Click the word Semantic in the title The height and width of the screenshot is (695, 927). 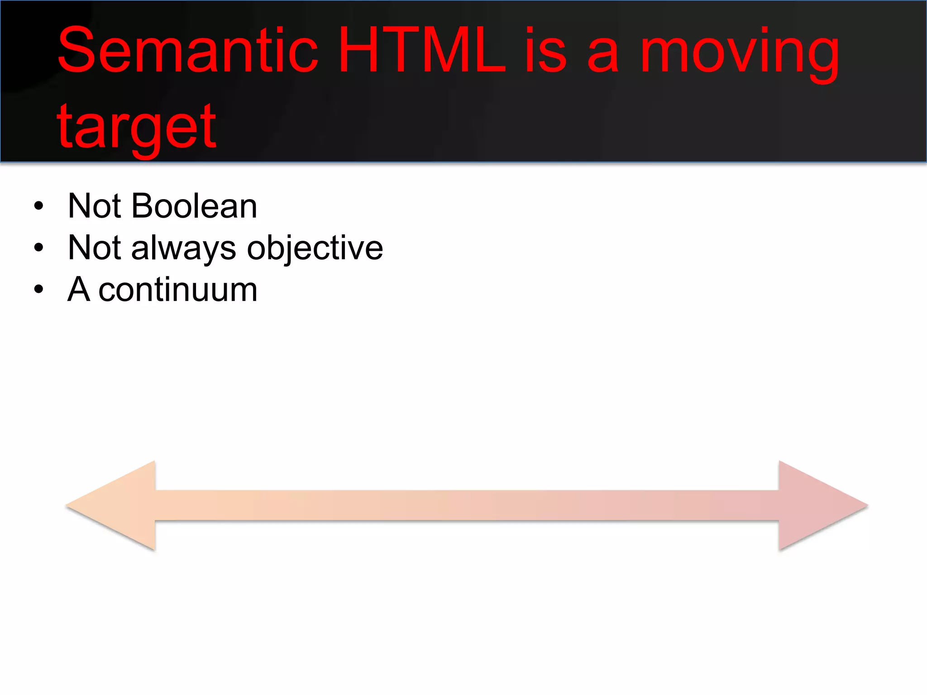point(188,51)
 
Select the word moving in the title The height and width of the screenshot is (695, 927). point(740,54)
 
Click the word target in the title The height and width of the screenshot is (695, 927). point(136,128)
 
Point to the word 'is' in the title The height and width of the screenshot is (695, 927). point(545,51)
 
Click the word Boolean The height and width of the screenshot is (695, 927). point(194,206)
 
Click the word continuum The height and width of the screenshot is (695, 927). point(178,290)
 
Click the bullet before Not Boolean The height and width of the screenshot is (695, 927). point(39,206)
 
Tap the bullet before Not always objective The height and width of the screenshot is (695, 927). point(39,248)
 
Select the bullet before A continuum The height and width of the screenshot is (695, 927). point(39,289)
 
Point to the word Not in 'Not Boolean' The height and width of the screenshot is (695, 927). point(95,206)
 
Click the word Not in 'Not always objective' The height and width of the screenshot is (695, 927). point(95,248)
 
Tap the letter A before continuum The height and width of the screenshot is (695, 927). point(79,290)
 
